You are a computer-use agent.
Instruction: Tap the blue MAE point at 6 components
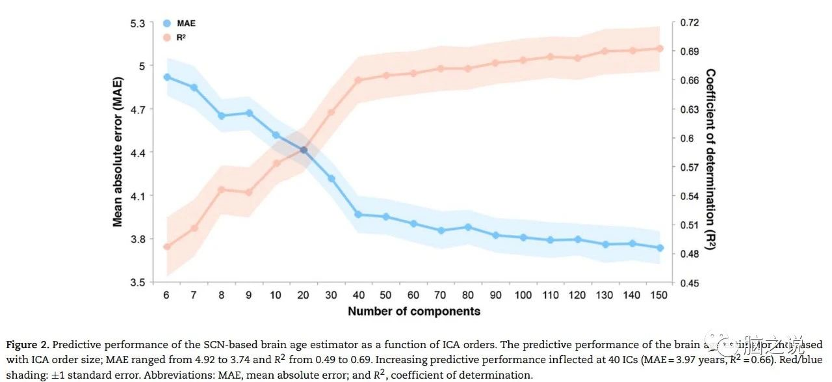167,77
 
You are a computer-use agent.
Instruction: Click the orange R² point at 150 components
660,49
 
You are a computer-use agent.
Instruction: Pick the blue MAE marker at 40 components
357,214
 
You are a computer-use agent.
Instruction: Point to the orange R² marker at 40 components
357,80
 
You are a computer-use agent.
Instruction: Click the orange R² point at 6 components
167,247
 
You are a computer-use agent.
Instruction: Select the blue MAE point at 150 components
660,248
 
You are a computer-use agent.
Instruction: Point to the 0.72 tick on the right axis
690,23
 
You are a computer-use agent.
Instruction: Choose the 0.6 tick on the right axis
687,138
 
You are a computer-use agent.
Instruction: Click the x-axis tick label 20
303,295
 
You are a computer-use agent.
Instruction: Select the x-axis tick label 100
523,295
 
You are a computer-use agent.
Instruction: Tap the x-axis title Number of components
414,311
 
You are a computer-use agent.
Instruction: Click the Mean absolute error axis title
118,152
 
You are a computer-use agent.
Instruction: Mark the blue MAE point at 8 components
222,116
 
